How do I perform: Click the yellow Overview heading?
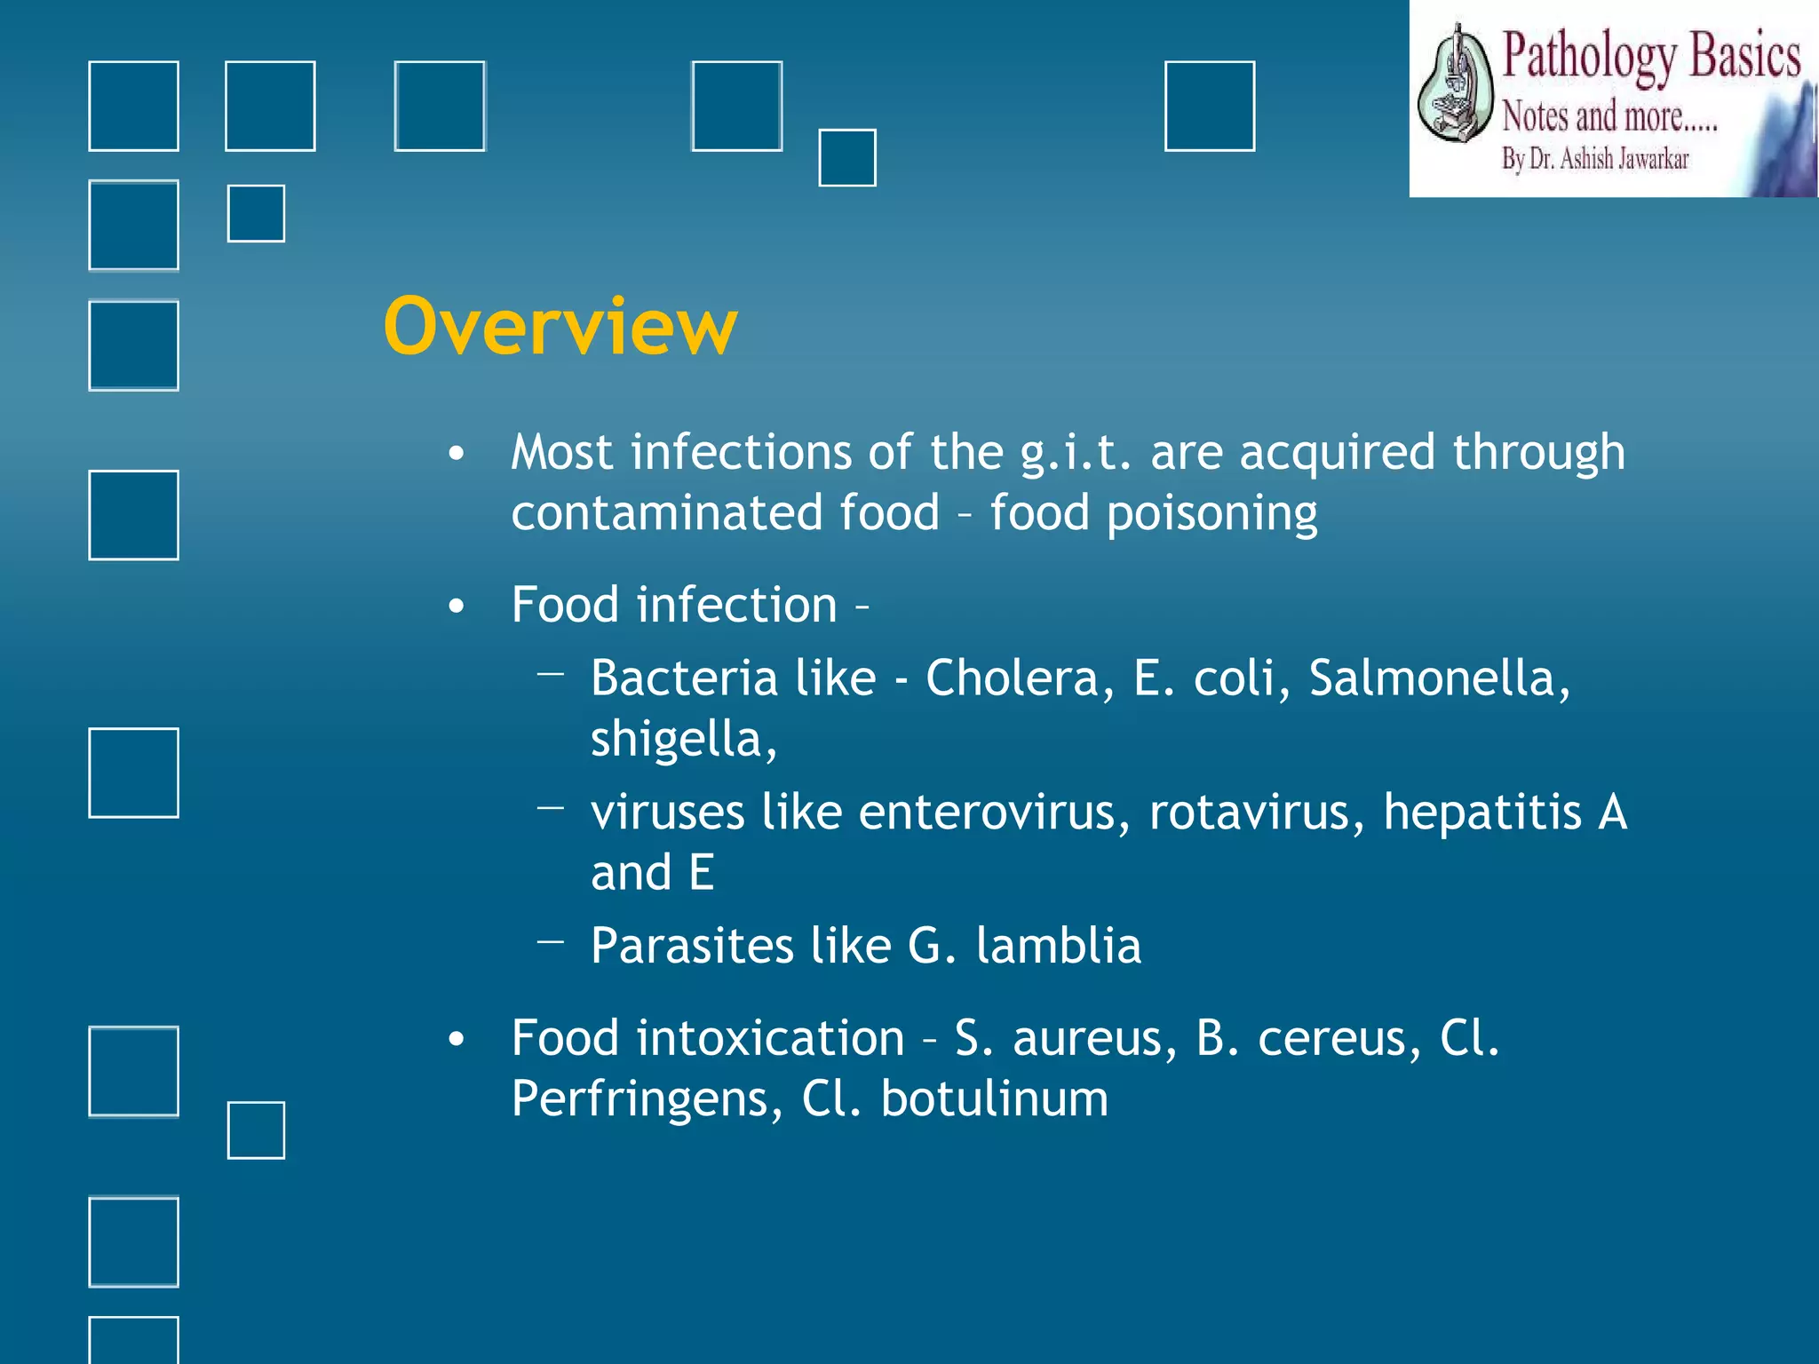(x=560, y=327)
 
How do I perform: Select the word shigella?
(x=682, y=739)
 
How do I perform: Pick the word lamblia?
(x=1058, y=946)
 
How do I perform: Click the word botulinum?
(x=994, y=1099)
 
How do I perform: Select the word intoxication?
(x=770, y=1038)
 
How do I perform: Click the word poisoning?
(x=1211, y=514)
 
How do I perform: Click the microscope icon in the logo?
(x=1453, y=84)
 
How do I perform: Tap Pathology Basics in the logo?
(x=1650, y=57)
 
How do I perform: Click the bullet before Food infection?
(x=457, y=607)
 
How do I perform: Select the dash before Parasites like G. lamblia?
(x=551, y=940)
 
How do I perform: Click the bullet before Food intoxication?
(x=457, y=1040)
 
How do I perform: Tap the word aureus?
(x=1094, y=1038)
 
